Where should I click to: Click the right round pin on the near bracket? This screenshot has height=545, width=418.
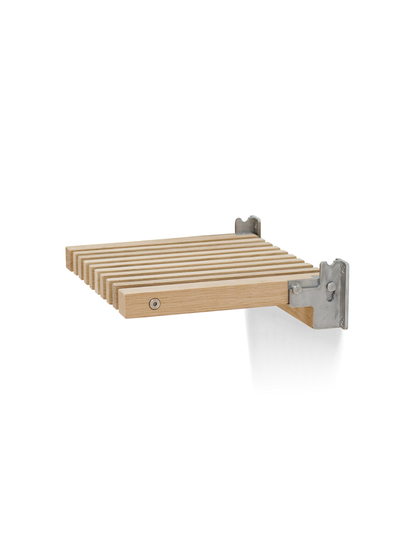pyautogui.click(x=332, y=287)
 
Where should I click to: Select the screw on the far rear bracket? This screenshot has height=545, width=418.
pyautogui.click(x=257, y=225)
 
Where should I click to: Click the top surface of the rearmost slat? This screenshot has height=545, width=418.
pyautogui.click(x=157, y=242)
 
